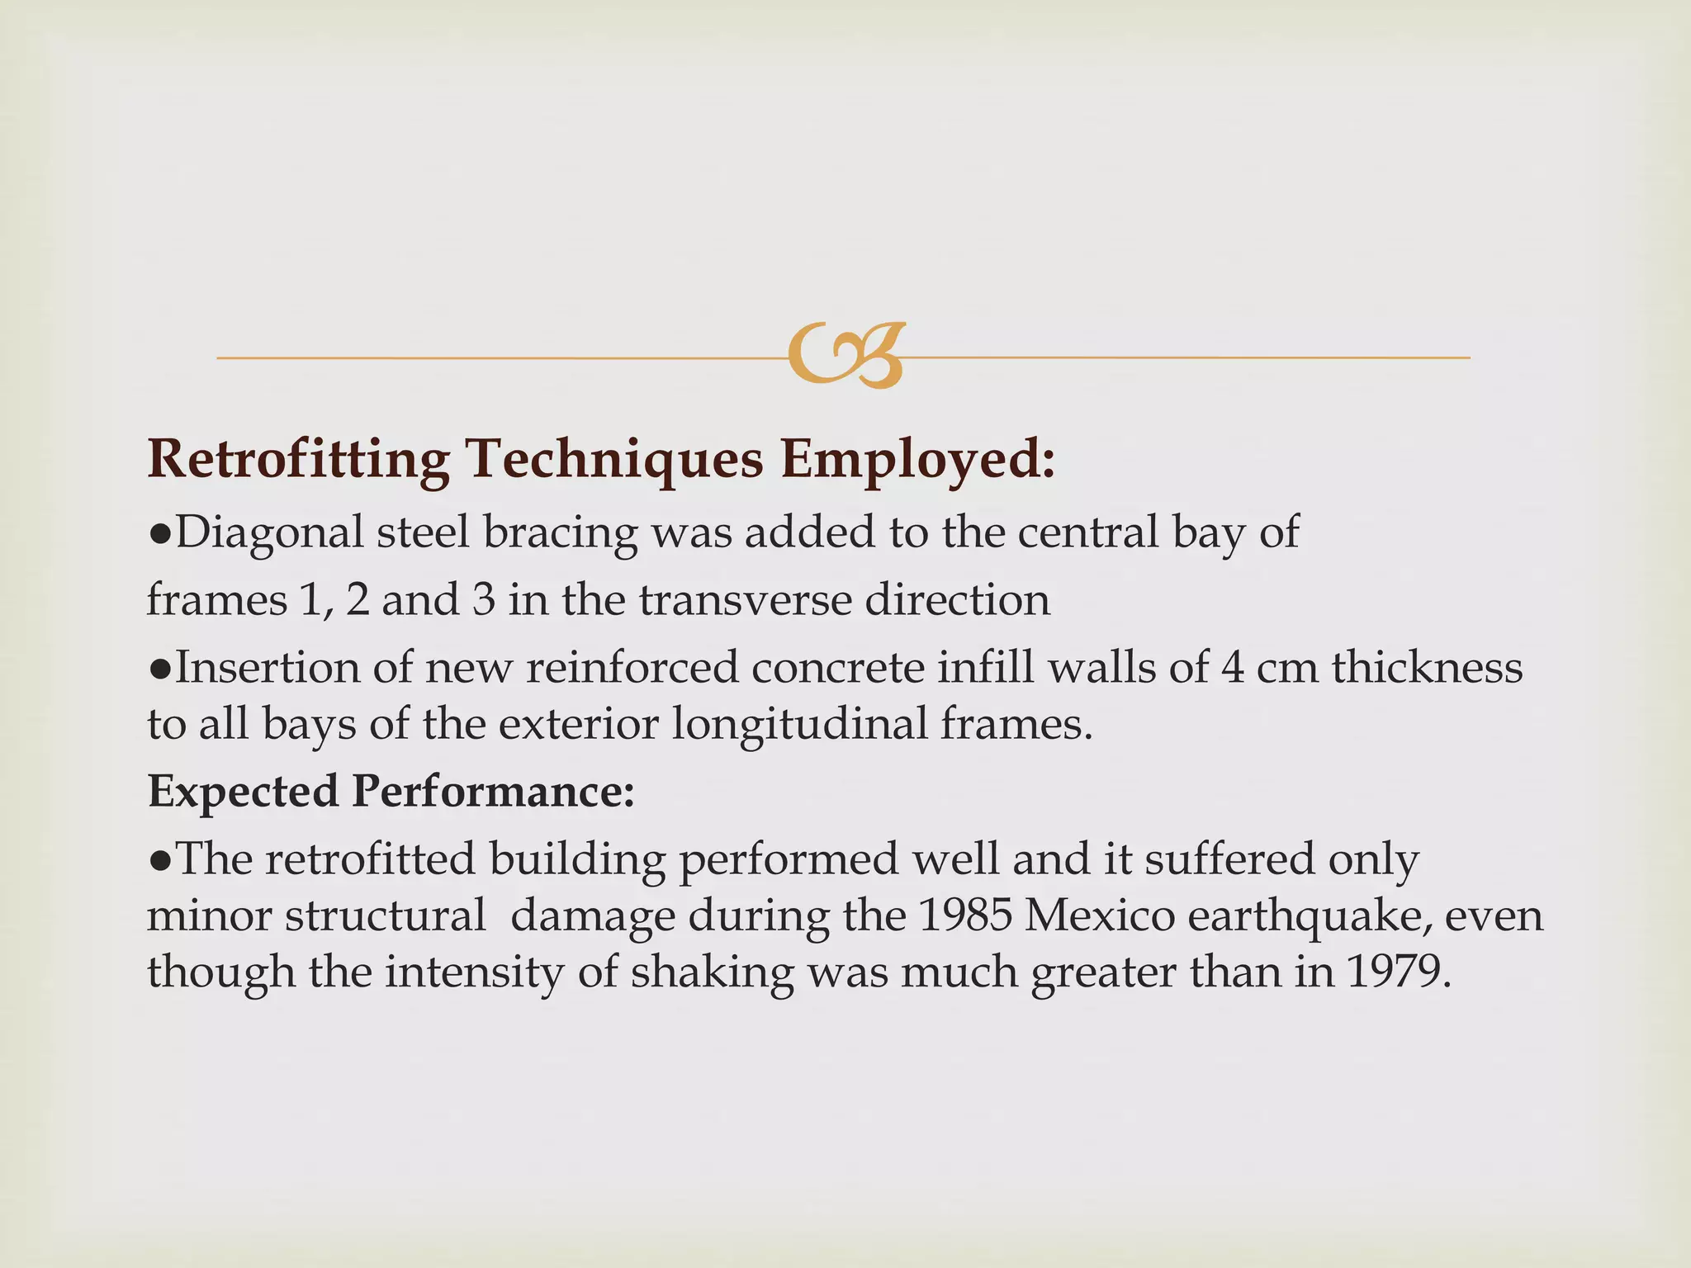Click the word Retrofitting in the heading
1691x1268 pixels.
tap(298, 459)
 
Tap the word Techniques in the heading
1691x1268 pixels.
tap(614, 459)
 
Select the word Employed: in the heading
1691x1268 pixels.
tap(918, 459)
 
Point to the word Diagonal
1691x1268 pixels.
tap(269, 532)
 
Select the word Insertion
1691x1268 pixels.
tap(268, 667)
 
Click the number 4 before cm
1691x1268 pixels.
tap(1232, 667)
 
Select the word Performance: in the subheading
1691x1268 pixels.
tap(493, 792)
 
